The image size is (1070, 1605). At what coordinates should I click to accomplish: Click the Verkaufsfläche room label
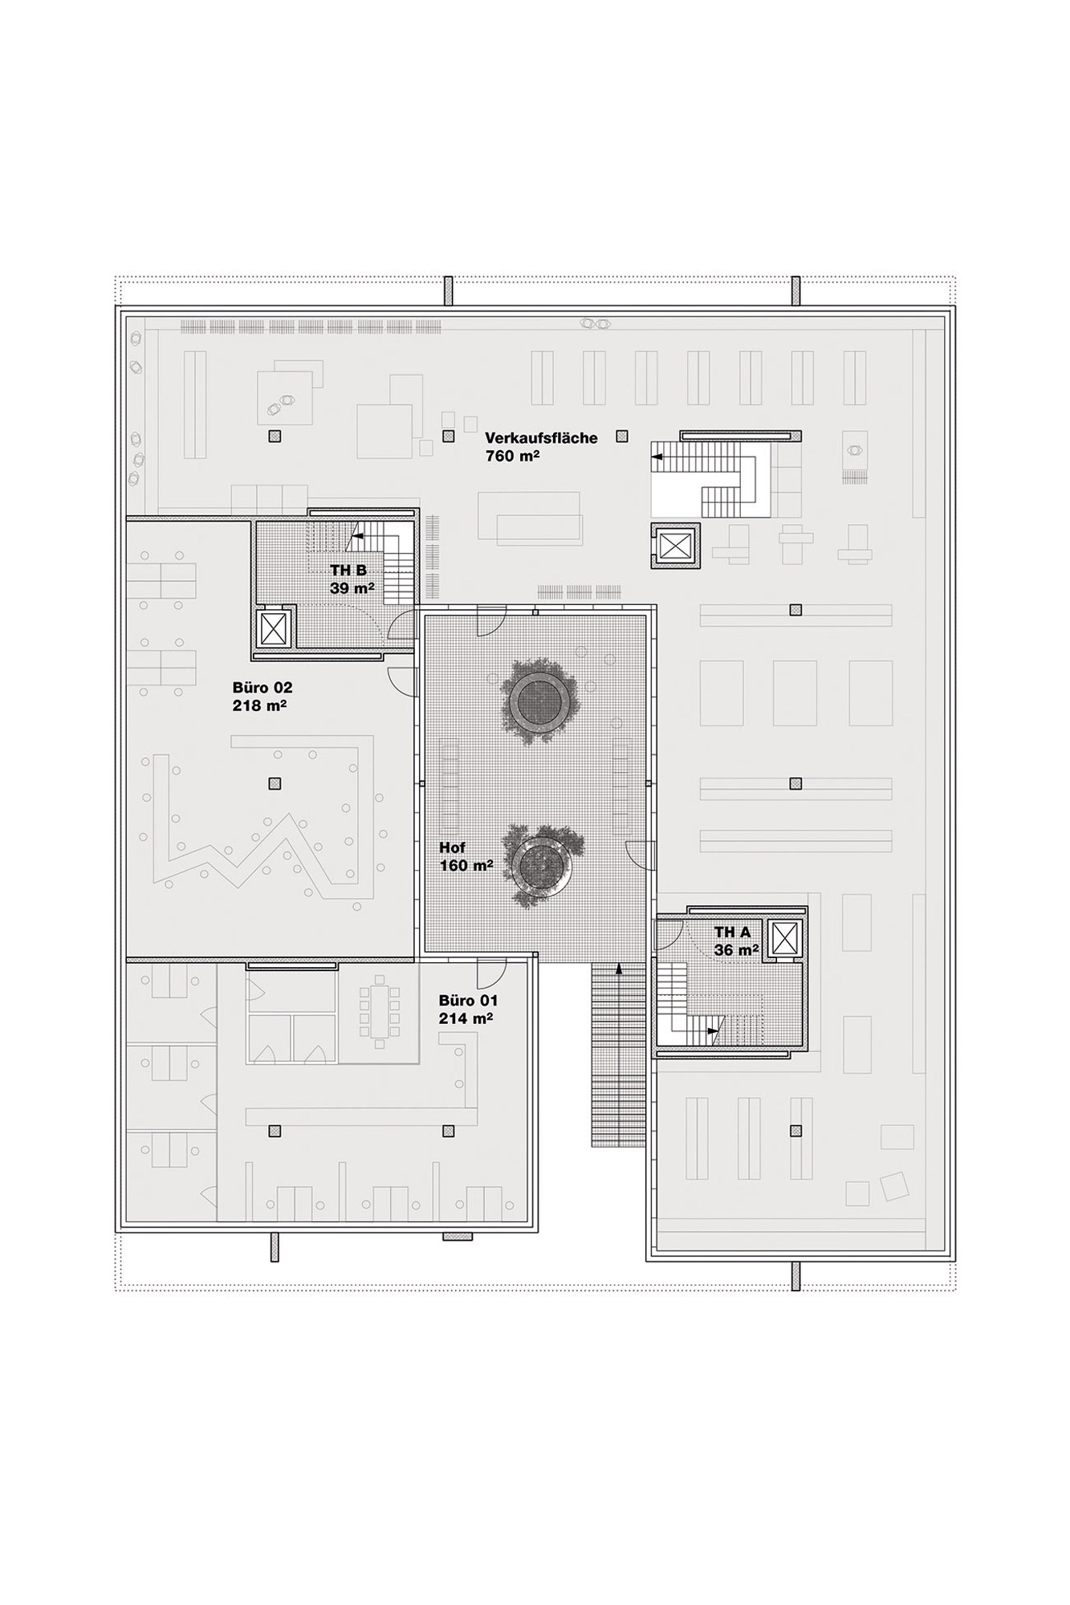541,438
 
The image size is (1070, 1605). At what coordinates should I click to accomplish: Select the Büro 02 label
262,688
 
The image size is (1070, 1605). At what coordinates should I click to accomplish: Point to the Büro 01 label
468,1001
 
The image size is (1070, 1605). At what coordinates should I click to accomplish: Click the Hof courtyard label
452,847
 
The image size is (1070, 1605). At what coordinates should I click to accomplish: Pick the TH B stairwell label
348,570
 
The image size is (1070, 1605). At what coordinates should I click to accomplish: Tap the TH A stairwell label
732,933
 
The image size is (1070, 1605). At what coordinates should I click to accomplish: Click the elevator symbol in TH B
273,628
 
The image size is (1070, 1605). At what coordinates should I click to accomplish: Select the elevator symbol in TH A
784,937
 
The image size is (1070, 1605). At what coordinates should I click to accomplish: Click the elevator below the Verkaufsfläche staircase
674,546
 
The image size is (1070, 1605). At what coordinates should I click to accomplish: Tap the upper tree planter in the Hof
536,698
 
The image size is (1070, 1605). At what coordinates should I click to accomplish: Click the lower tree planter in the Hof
539,865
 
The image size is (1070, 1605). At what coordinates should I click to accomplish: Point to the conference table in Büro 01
378,1012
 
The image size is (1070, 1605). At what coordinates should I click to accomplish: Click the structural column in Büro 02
275,782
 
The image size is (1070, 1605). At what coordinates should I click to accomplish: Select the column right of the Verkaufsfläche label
621,436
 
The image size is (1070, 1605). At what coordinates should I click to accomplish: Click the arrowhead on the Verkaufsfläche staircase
656,457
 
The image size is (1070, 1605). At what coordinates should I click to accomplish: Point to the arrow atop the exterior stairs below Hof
618,969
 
